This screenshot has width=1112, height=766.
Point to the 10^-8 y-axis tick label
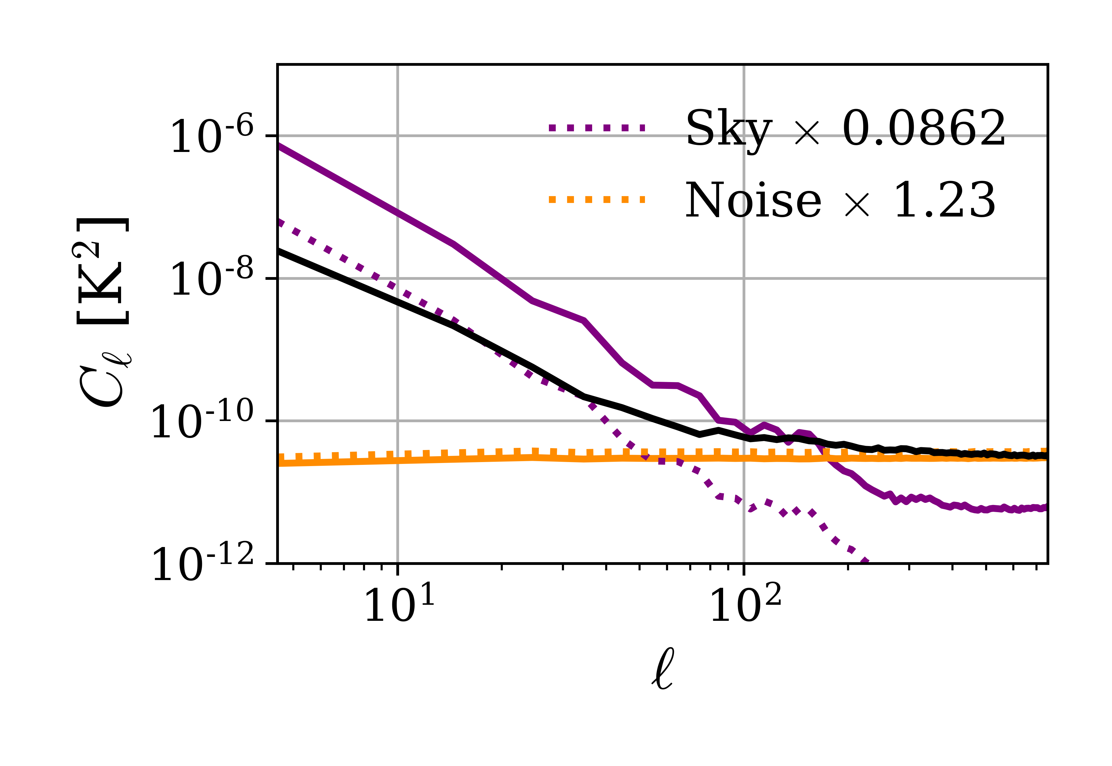[x=212, y=279]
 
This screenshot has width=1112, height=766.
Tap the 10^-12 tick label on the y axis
[x=202, y=564]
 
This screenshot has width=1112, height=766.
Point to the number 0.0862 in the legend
[x=924, y=128]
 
